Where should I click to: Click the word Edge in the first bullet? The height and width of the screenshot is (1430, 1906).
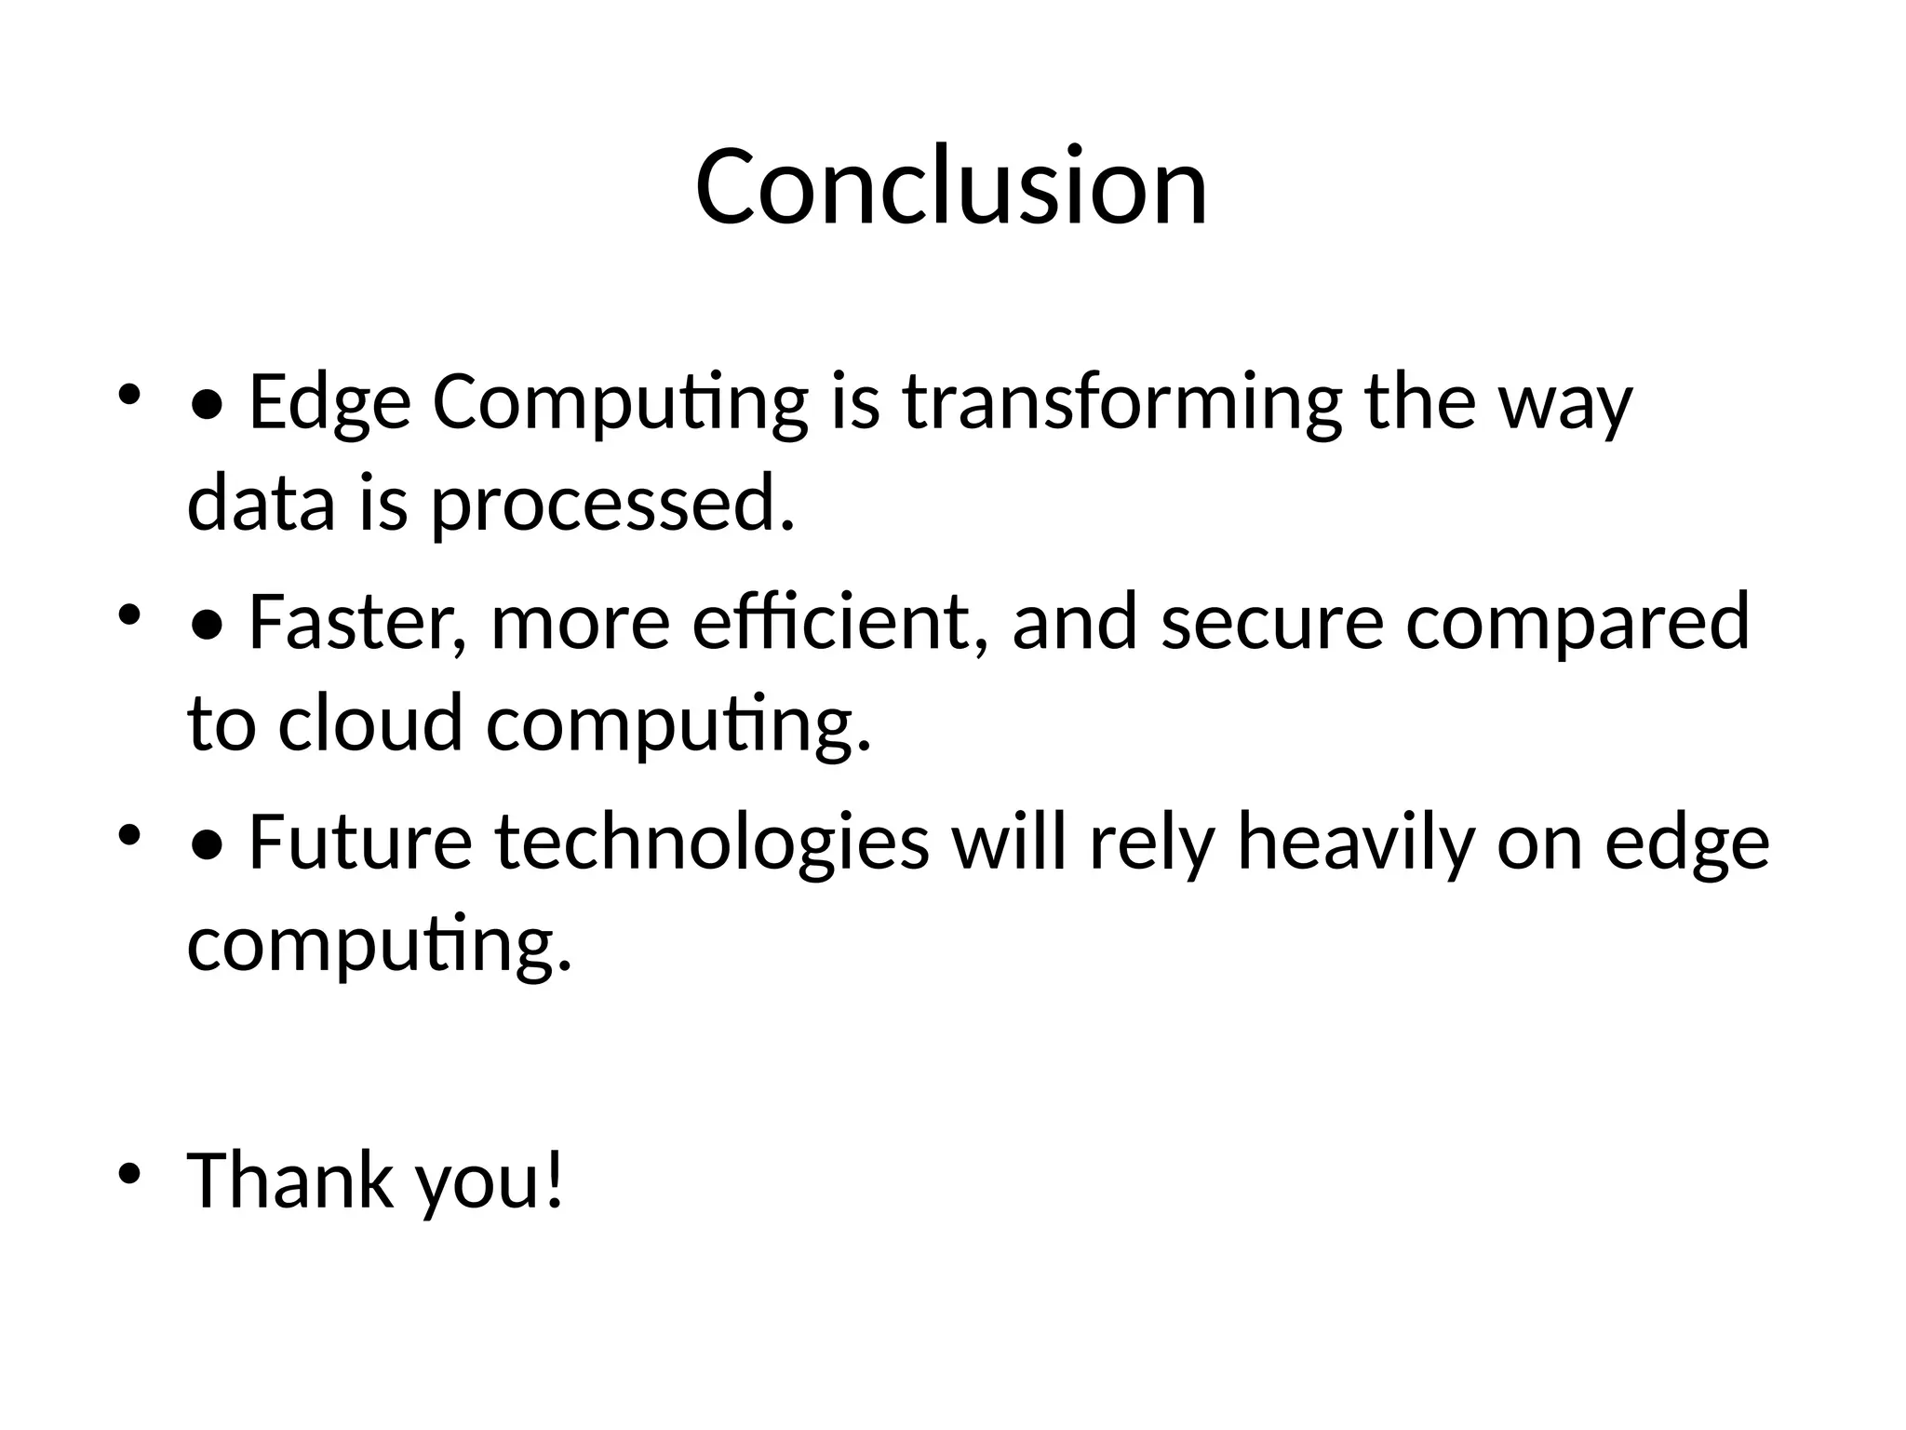pos(329,404)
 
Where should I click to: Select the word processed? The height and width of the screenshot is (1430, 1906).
pos(612,505)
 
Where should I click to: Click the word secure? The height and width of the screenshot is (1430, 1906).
pos(1272,623)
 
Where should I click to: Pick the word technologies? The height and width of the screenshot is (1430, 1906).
pos(712,843)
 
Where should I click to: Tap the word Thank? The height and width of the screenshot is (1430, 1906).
pos(289,1180)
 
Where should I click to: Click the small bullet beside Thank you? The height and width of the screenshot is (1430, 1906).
pos(129,1172)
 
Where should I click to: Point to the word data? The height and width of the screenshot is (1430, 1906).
pos(261,505)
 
